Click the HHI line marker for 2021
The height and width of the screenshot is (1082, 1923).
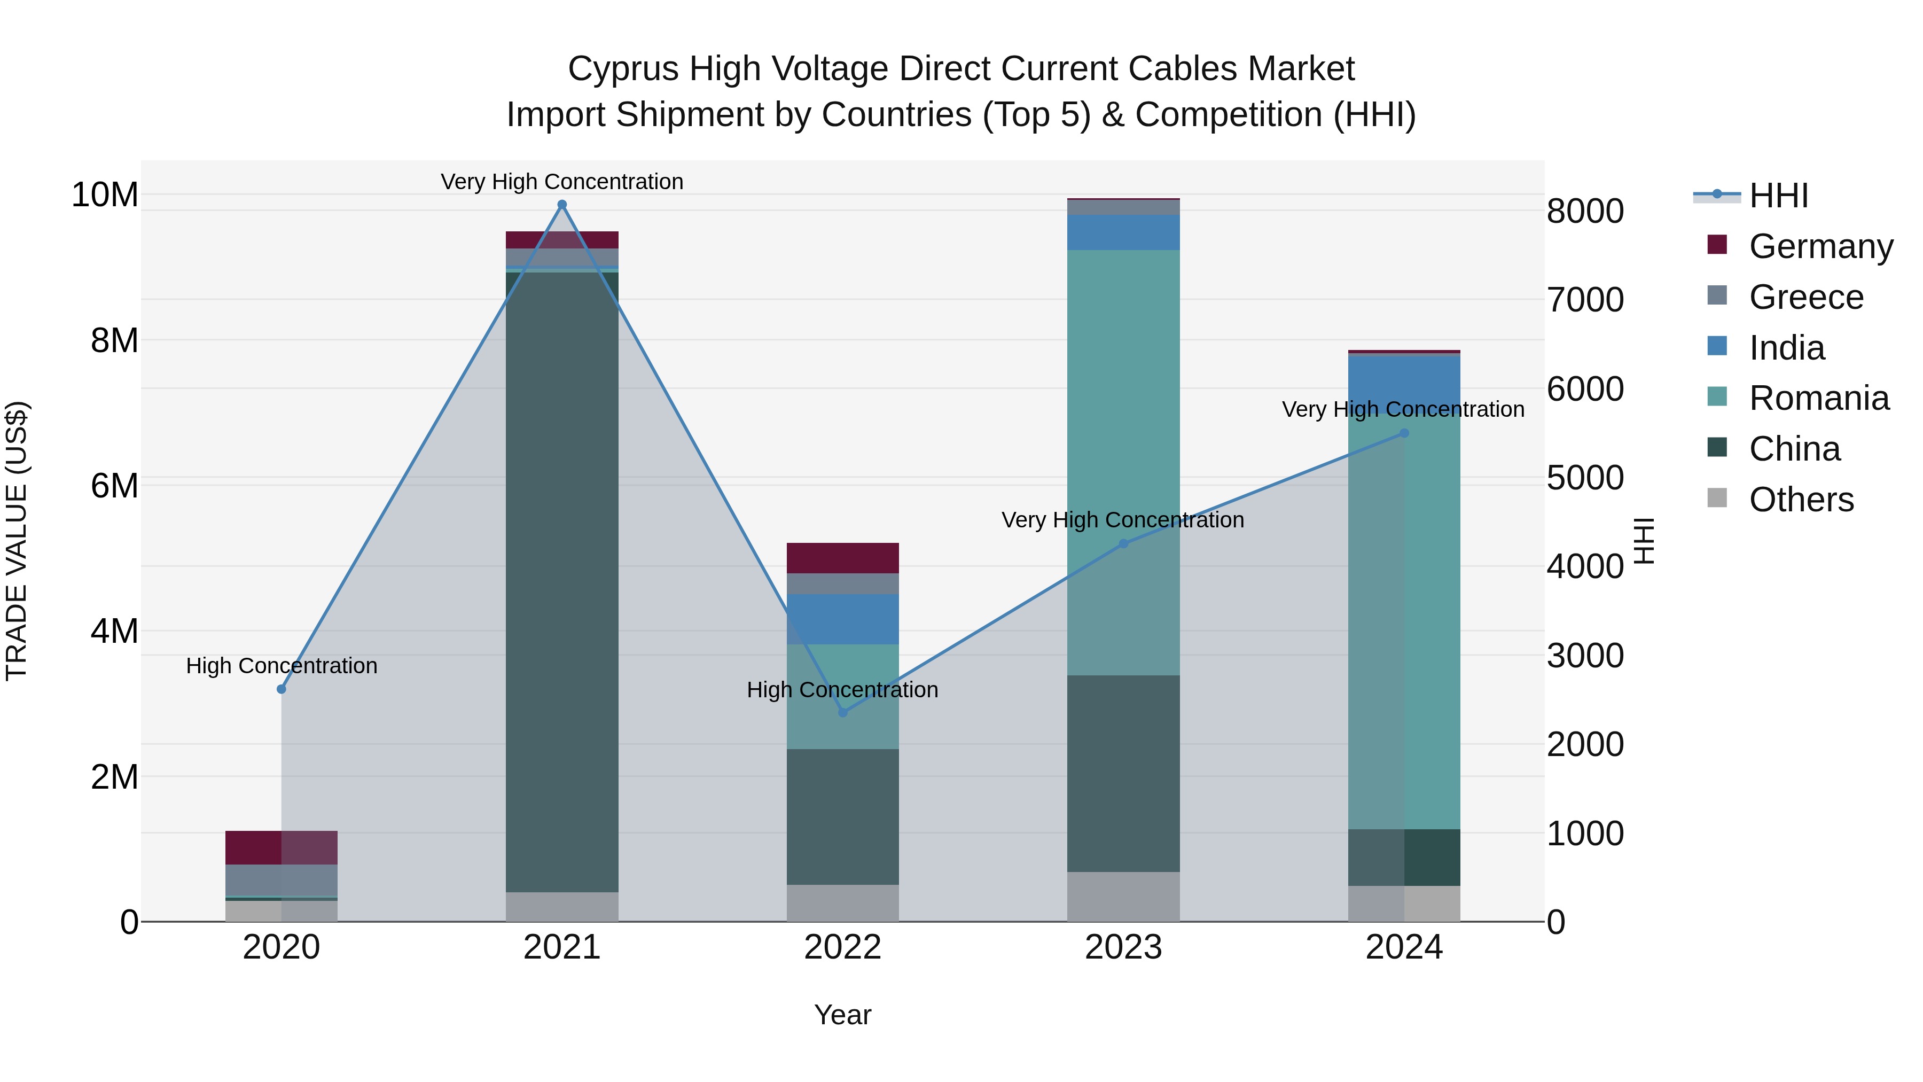[562, 205]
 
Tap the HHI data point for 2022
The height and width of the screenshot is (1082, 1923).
[843, 712]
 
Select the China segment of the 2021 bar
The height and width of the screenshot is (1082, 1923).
[562, 582]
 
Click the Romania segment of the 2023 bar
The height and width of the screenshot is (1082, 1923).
[1123, 463]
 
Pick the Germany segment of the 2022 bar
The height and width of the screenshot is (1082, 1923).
[843, 558]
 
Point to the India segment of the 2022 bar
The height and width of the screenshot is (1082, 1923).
[843, 619]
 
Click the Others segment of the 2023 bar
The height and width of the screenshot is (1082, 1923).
[1123, 896]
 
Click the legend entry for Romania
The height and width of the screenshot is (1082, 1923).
[1818, 398]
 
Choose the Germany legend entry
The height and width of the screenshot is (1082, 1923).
[1820, 246]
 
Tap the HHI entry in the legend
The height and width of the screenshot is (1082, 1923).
[1778, 196]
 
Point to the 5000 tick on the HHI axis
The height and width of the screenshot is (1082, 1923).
[1584, 478]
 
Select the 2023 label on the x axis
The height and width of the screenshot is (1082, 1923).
[1123, 947]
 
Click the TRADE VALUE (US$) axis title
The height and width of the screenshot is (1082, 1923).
[17, 541]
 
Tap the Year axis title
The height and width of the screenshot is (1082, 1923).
[843, 1015]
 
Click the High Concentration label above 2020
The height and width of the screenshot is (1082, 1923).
[282, 665]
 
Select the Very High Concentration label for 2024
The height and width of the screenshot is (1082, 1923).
[1403, 409]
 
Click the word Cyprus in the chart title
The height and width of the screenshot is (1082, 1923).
[623, 69]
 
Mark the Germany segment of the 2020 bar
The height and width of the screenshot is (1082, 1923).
[282, 847]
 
